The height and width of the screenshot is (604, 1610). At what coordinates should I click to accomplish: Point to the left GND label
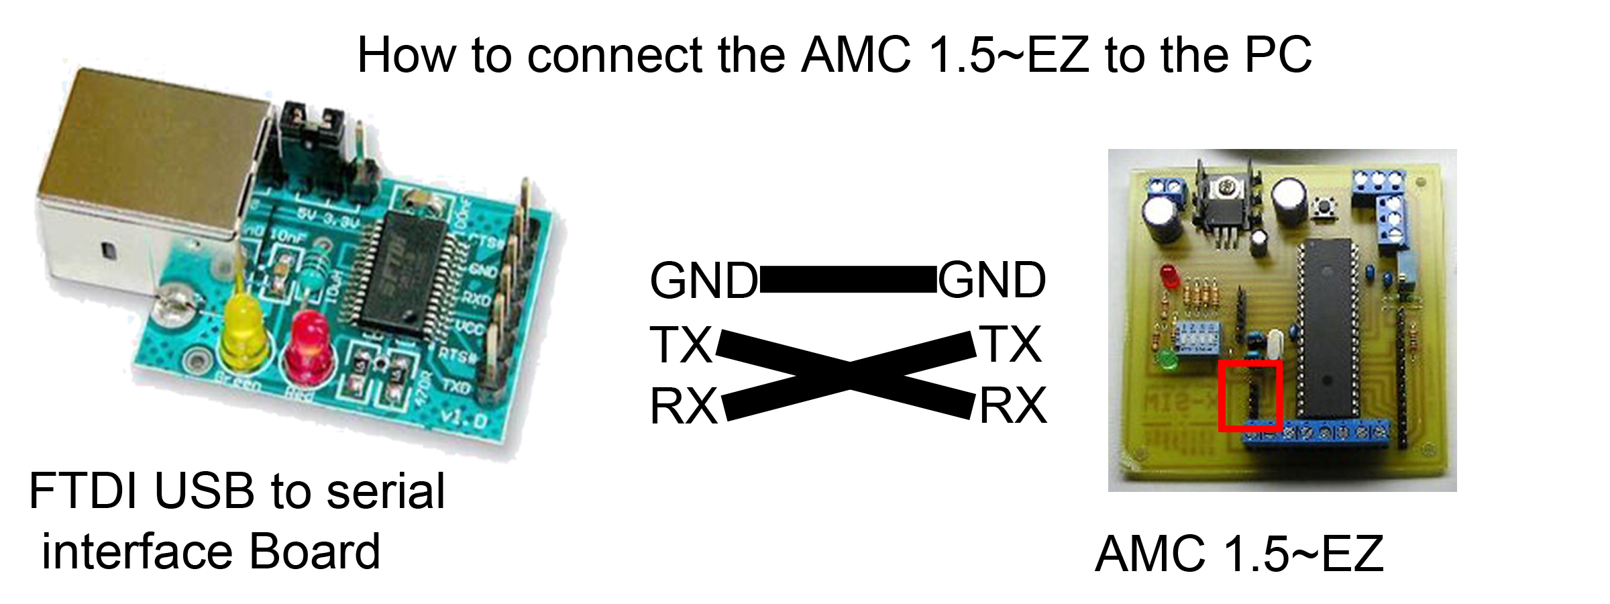703,281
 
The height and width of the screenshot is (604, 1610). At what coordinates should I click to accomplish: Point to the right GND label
991,280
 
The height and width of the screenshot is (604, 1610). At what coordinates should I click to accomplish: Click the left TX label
680,345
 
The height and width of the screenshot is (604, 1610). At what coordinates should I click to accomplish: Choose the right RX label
1012,406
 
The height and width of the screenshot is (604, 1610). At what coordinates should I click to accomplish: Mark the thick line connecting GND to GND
847,279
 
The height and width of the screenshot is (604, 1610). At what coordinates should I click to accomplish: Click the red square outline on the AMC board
1250,395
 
